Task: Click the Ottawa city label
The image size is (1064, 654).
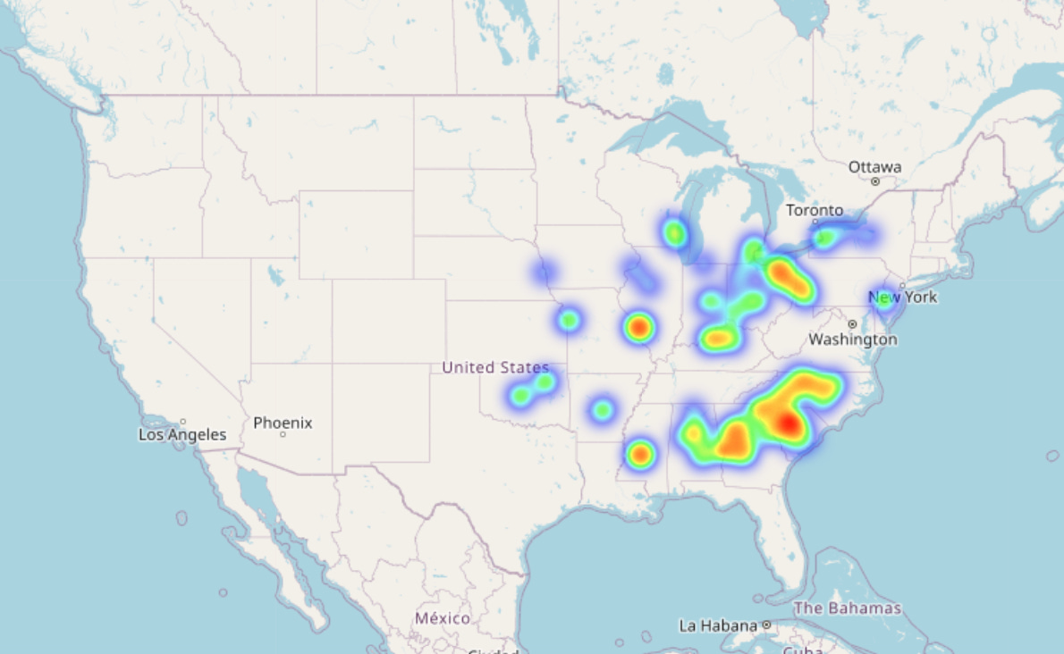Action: [874, 167]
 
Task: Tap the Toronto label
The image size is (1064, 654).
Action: [814, 211]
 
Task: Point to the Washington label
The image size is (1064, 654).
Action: [852, 340]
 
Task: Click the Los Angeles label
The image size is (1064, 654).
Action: [182, 435]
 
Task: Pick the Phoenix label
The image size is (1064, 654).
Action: [283, 423]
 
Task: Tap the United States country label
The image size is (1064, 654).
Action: [495, 367]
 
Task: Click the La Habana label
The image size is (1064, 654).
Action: [718, 625]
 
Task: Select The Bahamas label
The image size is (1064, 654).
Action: [848, 608]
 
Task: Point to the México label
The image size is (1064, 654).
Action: [442, 618]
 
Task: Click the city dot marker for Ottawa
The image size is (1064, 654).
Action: [875, 181]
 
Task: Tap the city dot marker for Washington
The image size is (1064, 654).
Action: [852, 324]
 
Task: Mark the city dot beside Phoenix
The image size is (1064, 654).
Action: [283, 435]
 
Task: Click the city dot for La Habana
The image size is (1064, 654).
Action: [767, 625]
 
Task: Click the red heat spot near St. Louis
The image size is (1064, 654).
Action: [638, 328]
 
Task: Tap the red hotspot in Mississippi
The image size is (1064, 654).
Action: [639, 455]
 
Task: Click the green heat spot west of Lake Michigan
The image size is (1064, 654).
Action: [674, 234]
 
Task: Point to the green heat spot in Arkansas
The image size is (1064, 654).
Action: [603, 410]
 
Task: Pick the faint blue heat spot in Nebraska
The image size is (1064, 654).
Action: [543, 271]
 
